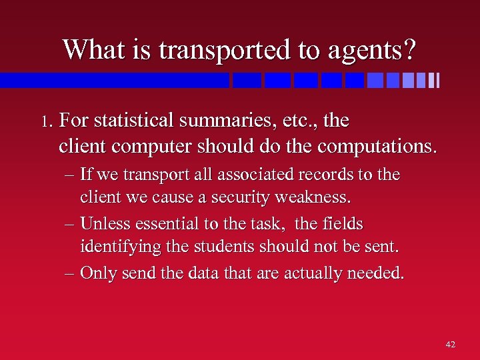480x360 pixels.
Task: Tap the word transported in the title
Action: [224, 49]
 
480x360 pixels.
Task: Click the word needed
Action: [377, 273]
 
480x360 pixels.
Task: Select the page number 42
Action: [450, 345]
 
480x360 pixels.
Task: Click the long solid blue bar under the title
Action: [113, 81]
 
